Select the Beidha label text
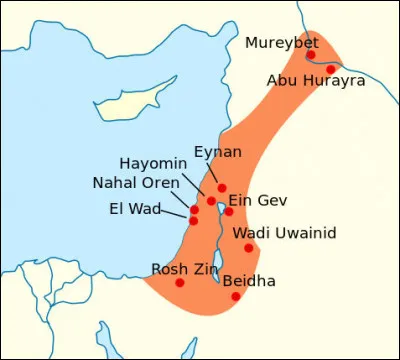[x=249, y=281]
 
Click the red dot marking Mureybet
[x=311, y=55]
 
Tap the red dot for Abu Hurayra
[x=331, y=68]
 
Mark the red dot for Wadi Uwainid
[x=248, y=247]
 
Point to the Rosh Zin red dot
[x=180, y=282]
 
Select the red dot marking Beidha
[x=236, y=296]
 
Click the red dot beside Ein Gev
[x=229, y=211]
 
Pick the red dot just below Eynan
[x=221, y=188]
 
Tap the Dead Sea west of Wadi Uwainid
[x=217, y=265]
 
